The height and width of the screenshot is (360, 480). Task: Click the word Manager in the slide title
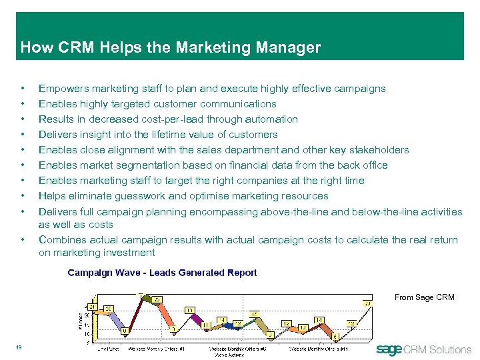pyautogui.click(x=289, y=48)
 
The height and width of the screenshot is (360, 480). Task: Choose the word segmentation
pyautogui.click(x=140, y=165)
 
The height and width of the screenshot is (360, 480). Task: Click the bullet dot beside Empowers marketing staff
pyautogui.click(x=23, y=89)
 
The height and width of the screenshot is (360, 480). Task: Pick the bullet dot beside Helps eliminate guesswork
pyautogui.click(x=23, y=196)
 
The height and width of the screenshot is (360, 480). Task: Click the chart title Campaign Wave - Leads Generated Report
pyautogui.click(x=162, y=273)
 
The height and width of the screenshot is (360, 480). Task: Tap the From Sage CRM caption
pyautogui.click(x=424, y=297)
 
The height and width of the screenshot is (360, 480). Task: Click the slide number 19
pyautogui.click(x=20, y=346)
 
